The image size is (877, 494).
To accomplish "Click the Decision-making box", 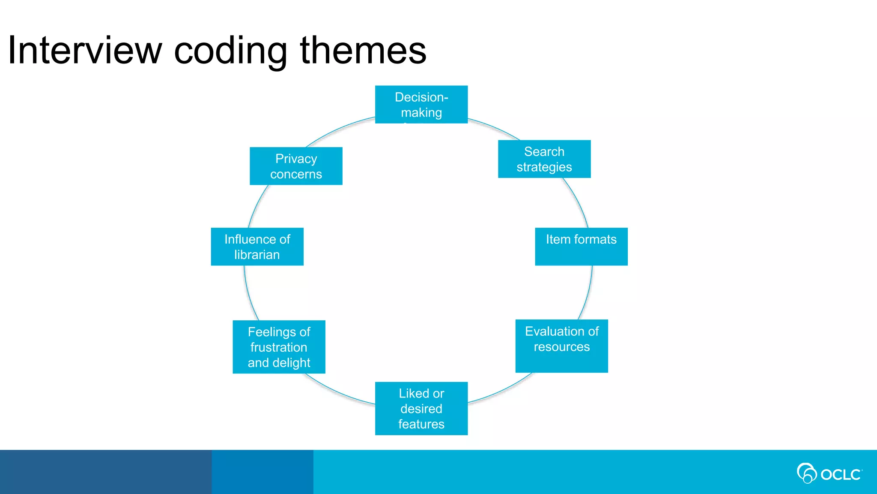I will (x=421, y=104).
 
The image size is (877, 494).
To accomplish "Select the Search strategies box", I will (x=544, y=159).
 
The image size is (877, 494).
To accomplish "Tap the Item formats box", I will (x=581, y=246).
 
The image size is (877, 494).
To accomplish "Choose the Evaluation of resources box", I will (x=561, y=346).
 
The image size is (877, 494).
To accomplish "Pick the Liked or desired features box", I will (x=421, y=408).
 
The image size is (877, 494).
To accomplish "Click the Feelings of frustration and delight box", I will (x=279, y=346).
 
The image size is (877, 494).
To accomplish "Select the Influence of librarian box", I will (x=257, y=246).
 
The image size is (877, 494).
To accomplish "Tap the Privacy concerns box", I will (x=296, y=166).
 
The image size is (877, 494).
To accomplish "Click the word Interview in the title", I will (x=85, y=51).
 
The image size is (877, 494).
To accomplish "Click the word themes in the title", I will (x=363, y=51).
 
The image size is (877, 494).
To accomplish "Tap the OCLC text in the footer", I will (x=841, y=475).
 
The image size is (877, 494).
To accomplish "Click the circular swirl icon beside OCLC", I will (x=806, y=473).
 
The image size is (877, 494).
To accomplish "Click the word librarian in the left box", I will (x=257, y=255).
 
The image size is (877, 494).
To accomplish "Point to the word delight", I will (x=291, y=363).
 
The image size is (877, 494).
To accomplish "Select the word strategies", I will (x=544, y=167).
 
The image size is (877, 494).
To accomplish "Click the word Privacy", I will (x=296, y=159).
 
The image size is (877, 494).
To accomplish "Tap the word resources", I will (x=561, y=346).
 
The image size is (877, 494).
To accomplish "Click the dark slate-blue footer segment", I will (x=105, y=472).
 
